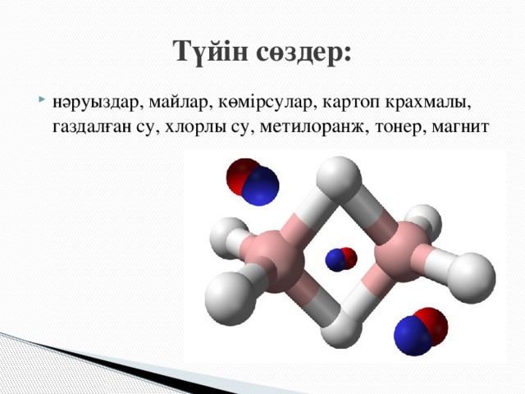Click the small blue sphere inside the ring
336,260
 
